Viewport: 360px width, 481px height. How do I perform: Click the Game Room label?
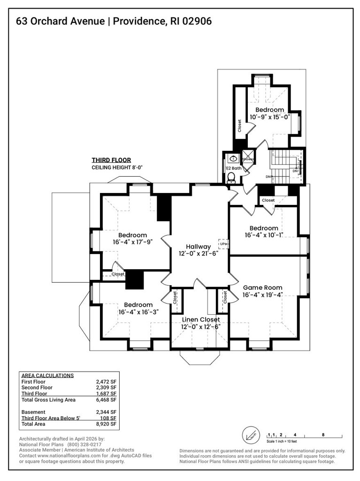(x=262, y=287)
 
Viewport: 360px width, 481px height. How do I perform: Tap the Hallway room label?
(x=198, y=247)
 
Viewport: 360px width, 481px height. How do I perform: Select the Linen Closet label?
(x=201, y=319)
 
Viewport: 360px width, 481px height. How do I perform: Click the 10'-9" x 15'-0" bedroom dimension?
(x=267, y=117)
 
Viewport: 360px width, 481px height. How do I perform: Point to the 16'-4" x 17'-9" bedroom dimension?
(x=132, y=242)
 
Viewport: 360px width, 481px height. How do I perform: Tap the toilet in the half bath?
(x=231, y=177)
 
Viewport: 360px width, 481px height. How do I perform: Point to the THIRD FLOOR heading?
(x=111, y=160)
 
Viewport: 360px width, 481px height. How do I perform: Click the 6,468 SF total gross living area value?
(x=106, y=400)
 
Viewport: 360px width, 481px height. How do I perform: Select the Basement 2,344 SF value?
(x=106, y=412)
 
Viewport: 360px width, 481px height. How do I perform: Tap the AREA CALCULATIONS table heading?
(x=48, y=375)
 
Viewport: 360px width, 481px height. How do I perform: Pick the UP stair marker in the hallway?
(x=223, y=244)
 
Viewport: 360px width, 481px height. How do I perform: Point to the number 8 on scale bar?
(x=323, y=435)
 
